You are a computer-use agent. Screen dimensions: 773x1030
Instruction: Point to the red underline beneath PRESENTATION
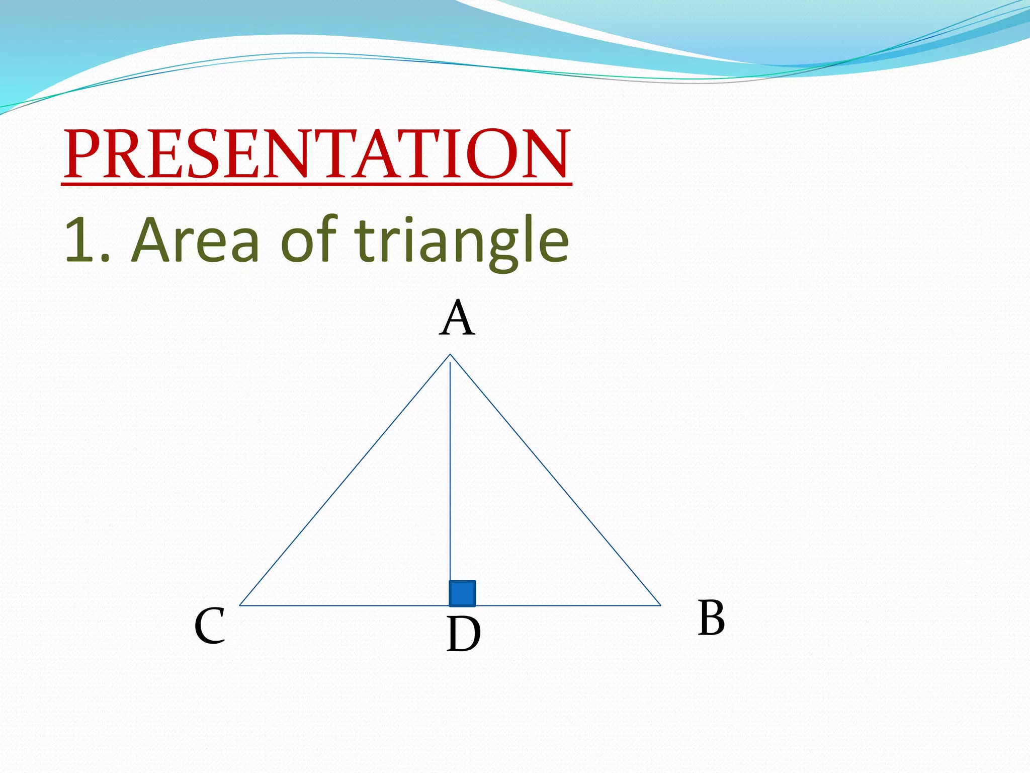coord(317,185)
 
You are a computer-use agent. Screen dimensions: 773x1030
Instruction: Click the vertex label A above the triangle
coord(457,318)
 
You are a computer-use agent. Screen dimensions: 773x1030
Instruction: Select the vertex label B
coord(711,618)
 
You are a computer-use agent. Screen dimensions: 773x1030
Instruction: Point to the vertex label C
coord(210,626)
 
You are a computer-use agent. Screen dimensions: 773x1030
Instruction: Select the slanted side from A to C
coord(345,480)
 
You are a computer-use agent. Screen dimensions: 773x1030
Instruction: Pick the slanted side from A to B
coord(555,480)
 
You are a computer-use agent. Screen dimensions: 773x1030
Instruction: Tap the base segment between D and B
coord(568,605)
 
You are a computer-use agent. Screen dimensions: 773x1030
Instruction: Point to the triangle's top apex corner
coord(450,355)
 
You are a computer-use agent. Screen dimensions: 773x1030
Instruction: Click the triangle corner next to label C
coord(240,605)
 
